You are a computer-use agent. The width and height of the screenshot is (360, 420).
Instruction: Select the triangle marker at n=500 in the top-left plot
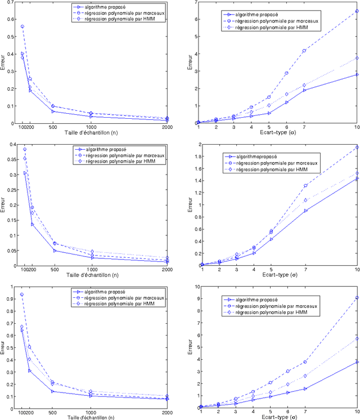tap(53, 111)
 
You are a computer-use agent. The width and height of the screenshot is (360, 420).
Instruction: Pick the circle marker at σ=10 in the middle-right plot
tap(357, 148)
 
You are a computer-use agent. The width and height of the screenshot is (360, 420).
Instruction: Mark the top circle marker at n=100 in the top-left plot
tap(22, 26)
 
